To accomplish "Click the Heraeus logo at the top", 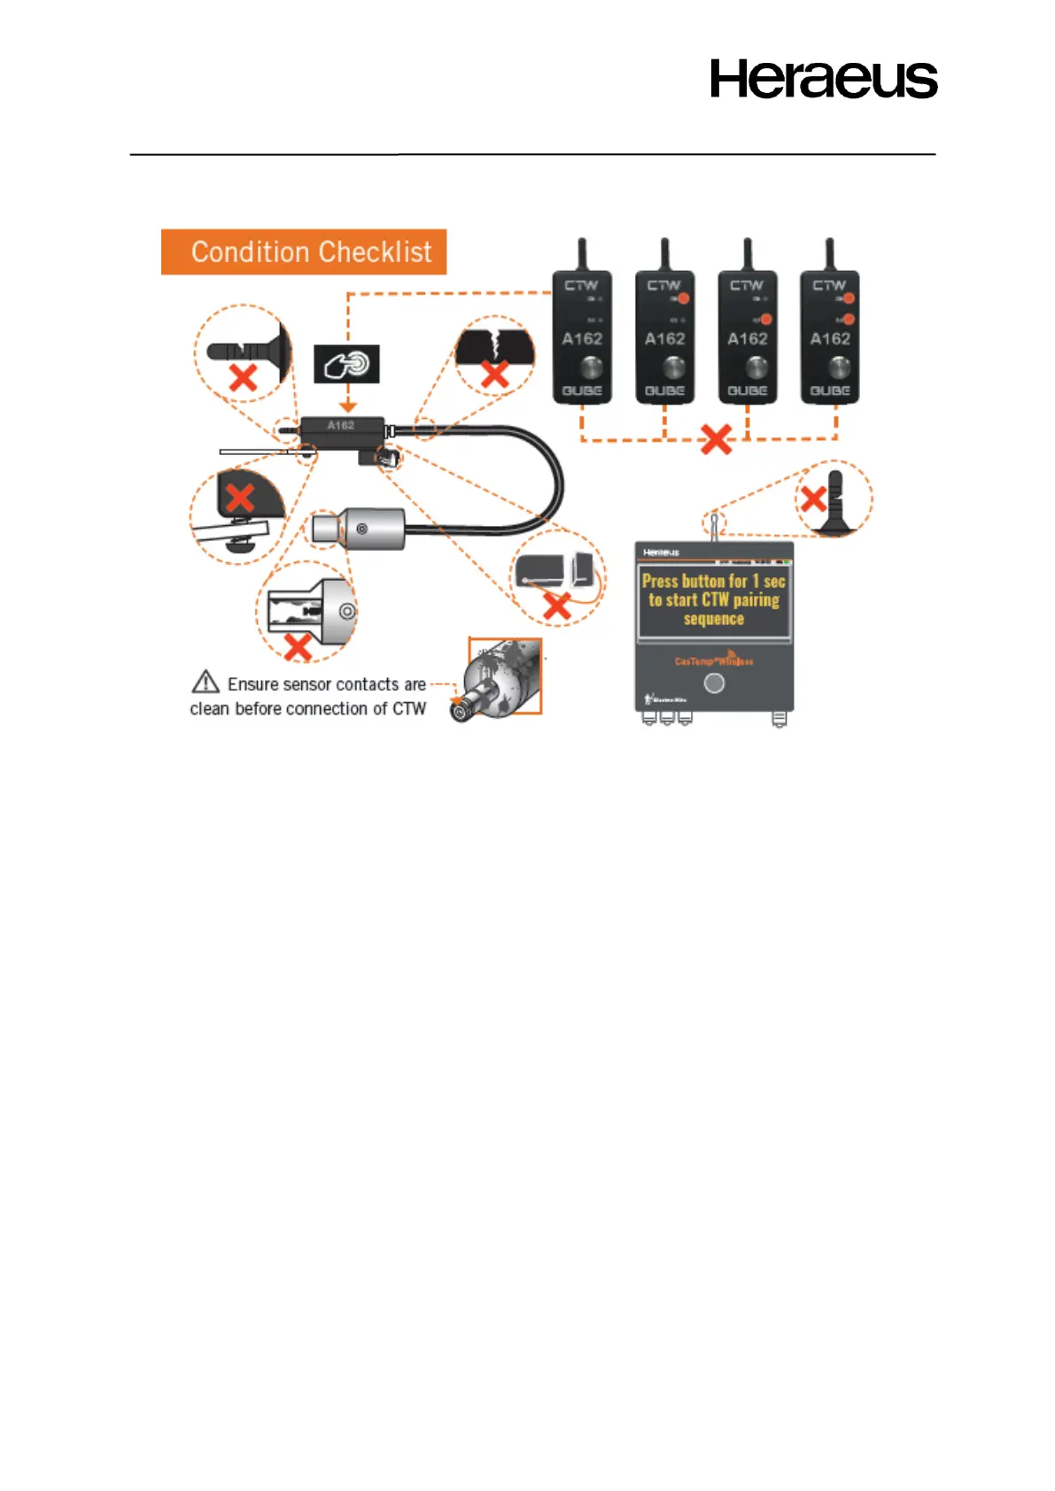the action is point(823,79).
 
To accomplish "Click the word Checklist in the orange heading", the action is point(376,252).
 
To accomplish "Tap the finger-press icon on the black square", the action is point(346,364).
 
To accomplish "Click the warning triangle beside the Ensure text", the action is point(206,682).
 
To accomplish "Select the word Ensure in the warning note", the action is point(252,684).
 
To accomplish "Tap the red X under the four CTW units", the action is point(716,439).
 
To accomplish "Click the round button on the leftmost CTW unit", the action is point(582,366).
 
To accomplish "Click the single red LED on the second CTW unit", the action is point(684,298).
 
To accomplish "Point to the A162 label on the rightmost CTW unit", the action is point(830,339).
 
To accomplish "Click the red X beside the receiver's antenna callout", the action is point(812,498).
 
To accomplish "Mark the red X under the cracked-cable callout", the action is point(494,373).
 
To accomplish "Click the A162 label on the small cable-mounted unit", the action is point(341,426).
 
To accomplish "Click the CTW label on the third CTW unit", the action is point(747,285).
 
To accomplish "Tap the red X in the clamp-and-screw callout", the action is point(239,498).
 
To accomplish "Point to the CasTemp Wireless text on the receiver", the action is point(713,661).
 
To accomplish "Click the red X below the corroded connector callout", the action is point(298,647).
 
